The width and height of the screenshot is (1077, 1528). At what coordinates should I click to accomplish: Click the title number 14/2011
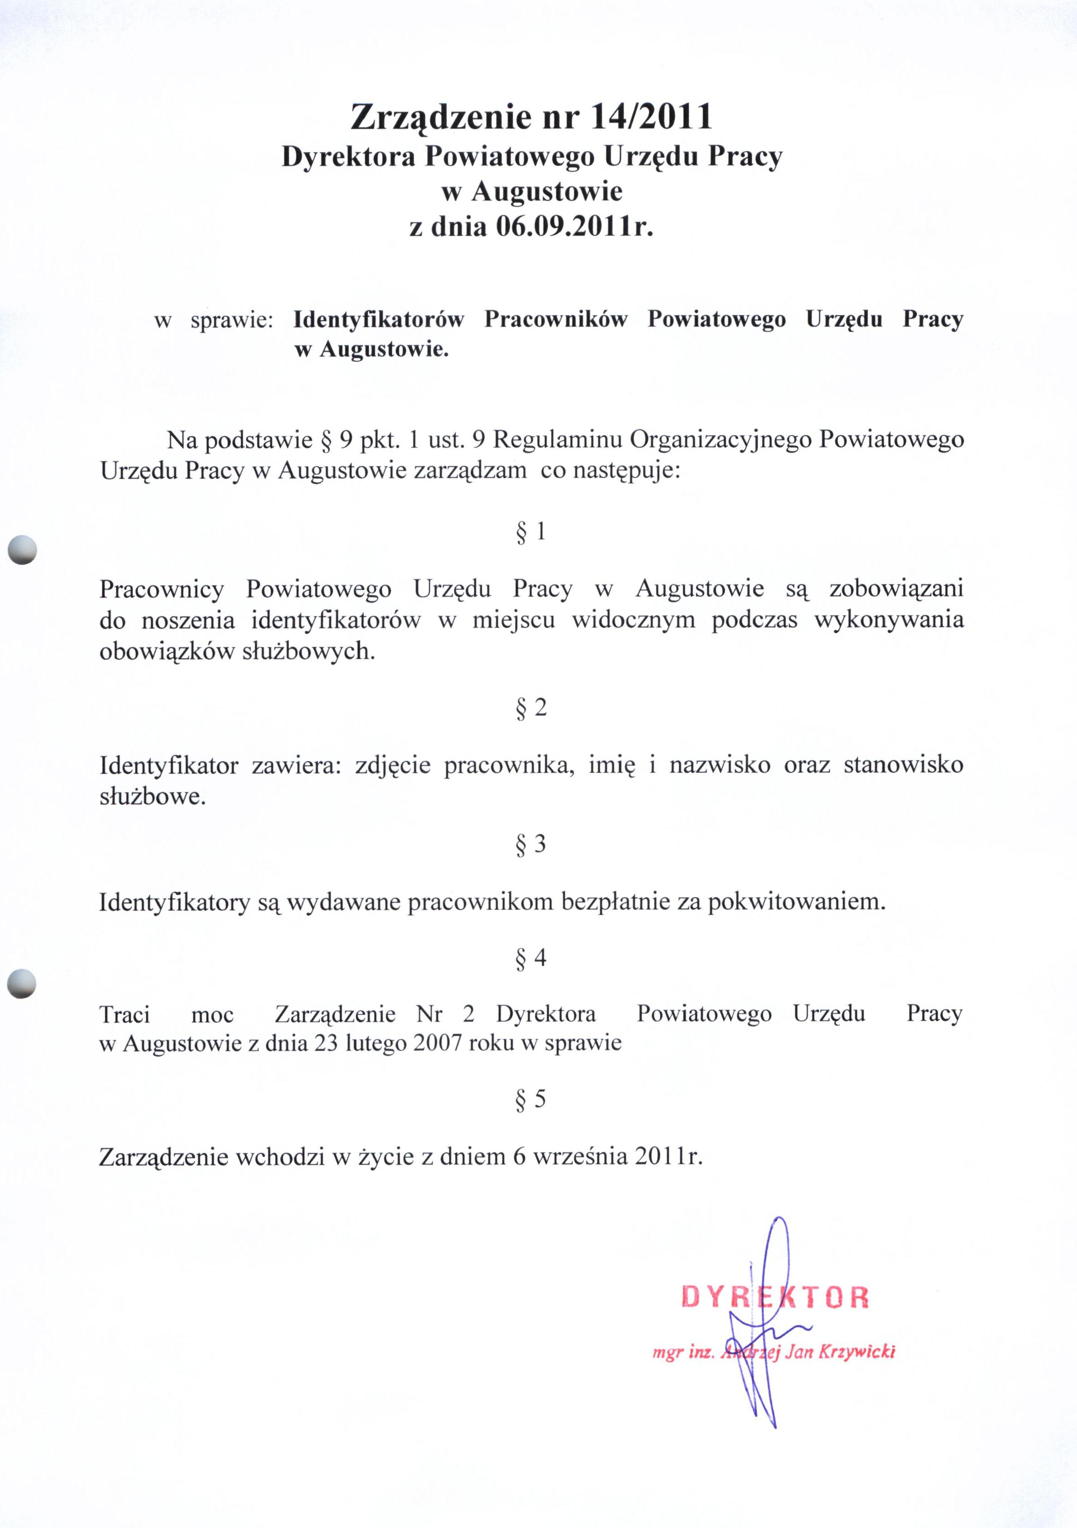pyautogui.click(x=652, y=117)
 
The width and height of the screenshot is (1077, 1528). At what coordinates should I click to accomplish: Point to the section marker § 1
pyautogui.click(x=530, y=531)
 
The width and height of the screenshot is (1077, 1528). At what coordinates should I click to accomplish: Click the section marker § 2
pyautogui.click(x=530, y=707)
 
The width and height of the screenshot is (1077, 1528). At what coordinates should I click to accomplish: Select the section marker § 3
pyautogui.click(x=530, y=844)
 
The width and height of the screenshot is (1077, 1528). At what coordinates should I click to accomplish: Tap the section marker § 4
pyautogui.click(x=530, y=958)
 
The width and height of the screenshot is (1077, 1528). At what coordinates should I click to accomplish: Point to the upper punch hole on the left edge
pyautogui.click(x=22, y=550)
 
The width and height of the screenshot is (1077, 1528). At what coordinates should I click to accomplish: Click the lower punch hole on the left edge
pyautogui.click(x=22, y=983)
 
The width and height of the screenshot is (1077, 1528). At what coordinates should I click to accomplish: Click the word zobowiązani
pyautogui.click(x=896, y=589)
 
